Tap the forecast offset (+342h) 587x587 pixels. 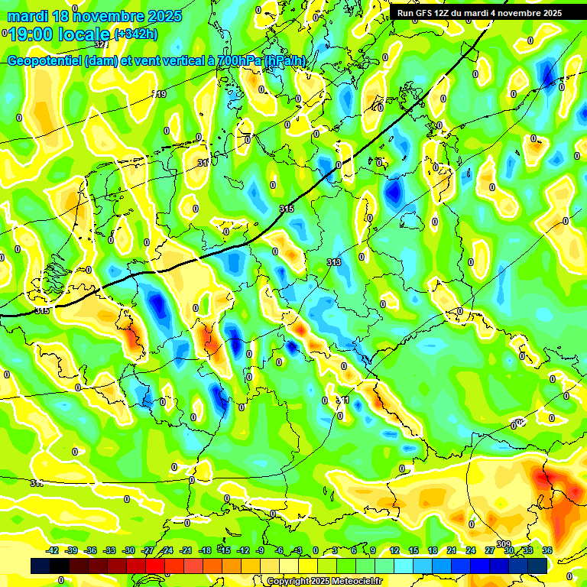tap(136, 34)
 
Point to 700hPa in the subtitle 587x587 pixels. tap(239, 61)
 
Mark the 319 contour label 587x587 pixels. tap(159, 94)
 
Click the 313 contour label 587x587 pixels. tap(334, 262)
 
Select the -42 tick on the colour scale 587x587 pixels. tap(53, 550)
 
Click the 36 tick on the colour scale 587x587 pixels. tap(547, 550)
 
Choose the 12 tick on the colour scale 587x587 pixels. tap(394, 550)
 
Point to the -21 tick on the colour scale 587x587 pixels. tap(186, 550)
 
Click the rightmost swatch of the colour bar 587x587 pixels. tap(537, 566)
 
